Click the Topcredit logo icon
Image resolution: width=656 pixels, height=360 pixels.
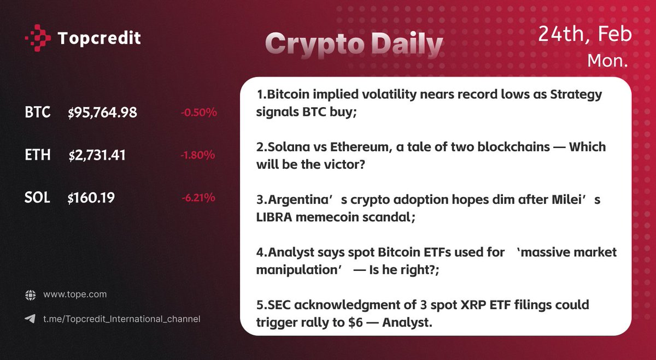tap(38, 38)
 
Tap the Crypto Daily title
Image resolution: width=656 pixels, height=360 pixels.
tap(354, 45)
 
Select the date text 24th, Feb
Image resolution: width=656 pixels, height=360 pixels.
tap(585, 34)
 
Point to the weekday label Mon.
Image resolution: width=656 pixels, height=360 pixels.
tap(607, 61)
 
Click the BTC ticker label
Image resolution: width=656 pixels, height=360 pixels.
tap(38, 113)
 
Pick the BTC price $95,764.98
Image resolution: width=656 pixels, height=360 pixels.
tap(103, 113)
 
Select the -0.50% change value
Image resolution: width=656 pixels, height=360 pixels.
tap(199, 113)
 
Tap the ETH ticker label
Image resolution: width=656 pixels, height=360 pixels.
tap(38, 155)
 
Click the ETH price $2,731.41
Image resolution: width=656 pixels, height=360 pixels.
tap(97, 155)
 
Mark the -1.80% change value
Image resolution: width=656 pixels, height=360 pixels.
tap(198, 155)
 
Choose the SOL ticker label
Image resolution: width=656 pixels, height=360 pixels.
tap(38, 198)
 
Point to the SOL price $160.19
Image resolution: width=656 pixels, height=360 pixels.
tap(91, 198)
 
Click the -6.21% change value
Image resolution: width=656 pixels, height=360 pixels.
tap(198, 198)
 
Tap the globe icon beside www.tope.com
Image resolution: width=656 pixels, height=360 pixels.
tap(30, 294)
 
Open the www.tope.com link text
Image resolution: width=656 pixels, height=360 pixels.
tap(75, 294)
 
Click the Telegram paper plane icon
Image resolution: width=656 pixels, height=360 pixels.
tap(30, 318)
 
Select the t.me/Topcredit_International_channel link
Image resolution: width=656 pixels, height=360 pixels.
tap(121, 318)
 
